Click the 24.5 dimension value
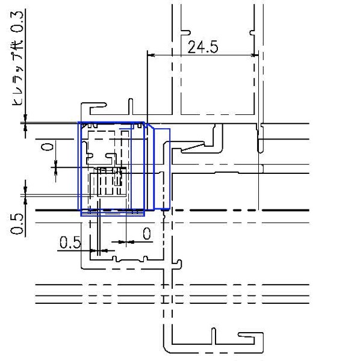[x=203, y=47]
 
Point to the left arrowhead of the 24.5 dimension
[x=151, y=55]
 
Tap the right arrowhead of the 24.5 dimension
[x=255, y=55]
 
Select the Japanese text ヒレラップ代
[x=17, y=73]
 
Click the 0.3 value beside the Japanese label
[x=17, y=22]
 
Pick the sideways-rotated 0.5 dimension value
[x=17, y=224]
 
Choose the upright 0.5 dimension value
[x=70, y=242]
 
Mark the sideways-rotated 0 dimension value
[x=48, y=147]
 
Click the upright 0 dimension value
[x=147, y=233]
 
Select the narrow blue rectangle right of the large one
[x=162, y=169]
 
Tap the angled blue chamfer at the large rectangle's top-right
[x=149, y=126]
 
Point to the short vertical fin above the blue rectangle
[x=131, y=106]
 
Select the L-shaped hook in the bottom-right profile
[x=250, y=338]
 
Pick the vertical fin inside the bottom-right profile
[x=214, y=336]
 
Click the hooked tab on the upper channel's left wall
[x=185, y=33]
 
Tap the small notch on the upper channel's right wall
[x=252, y=33]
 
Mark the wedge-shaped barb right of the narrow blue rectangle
[x=193, y=147]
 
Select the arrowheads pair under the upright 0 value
[x=126, y=242]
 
